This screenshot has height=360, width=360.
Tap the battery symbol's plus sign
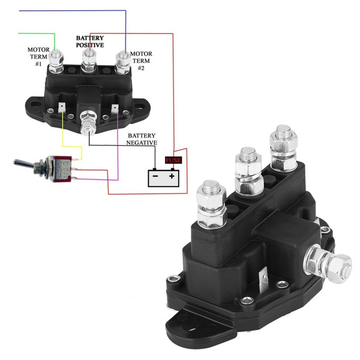coord(172,177)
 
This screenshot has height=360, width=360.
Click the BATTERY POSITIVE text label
coord(89,41)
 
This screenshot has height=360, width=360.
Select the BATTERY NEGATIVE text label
coord(142,140)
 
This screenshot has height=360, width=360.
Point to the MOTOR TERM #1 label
coord(35,57)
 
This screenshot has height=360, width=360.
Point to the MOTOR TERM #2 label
coord(141,61)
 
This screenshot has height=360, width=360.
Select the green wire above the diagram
coord(36,32)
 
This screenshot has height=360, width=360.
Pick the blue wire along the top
coord(72,11)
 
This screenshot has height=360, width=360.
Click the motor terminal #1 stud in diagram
coord(56,59)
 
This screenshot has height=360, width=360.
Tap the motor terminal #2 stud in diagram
coord(123,59)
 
